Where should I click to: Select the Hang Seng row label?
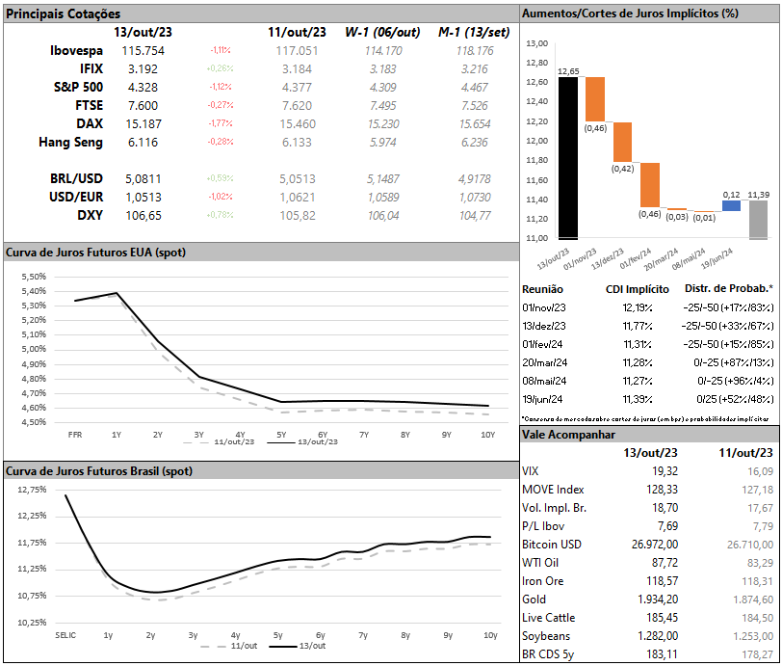click(70, 142)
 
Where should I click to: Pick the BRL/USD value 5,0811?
click(143, 178)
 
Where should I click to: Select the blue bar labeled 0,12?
click(731, 205)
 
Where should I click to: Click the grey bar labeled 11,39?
click(758, 219)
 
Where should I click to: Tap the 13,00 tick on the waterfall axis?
click(537, 44)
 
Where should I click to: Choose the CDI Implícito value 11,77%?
click(637, 326)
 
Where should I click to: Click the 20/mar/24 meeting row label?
click(544, 362)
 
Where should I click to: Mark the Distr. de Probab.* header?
click(728, 288)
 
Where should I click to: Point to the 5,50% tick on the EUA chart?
click(33, 277)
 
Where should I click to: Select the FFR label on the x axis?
click(74, 435)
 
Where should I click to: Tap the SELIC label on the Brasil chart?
click(65, 636)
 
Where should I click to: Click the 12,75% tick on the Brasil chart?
click(32, 489)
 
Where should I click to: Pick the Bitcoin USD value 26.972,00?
click(655, 545)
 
